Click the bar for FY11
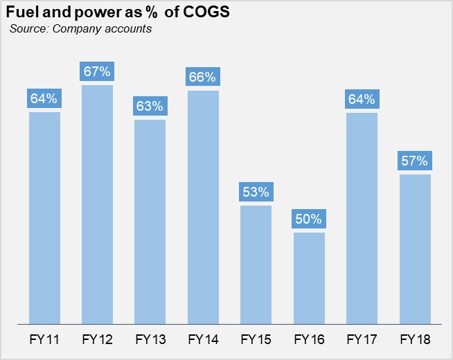tap(44, 217)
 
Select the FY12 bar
tap(97, 204)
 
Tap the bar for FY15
tap(256, 264)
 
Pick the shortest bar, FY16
tap(309, 278)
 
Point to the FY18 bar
tap(415, 249)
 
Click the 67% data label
tap(97, 71)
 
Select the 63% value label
tap(150, 106)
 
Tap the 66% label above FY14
tap(203, 77)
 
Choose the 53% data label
tap(256, 192)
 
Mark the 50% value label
tap(309, 219)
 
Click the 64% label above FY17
tap(362, 99)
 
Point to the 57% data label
tap(415, 161)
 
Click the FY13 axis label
tap(150, 340)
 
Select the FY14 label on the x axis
tap(203, 340)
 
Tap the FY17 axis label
tap(362, 340)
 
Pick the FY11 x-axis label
tap(44, 340)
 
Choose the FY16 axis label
tap(309, 340)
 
